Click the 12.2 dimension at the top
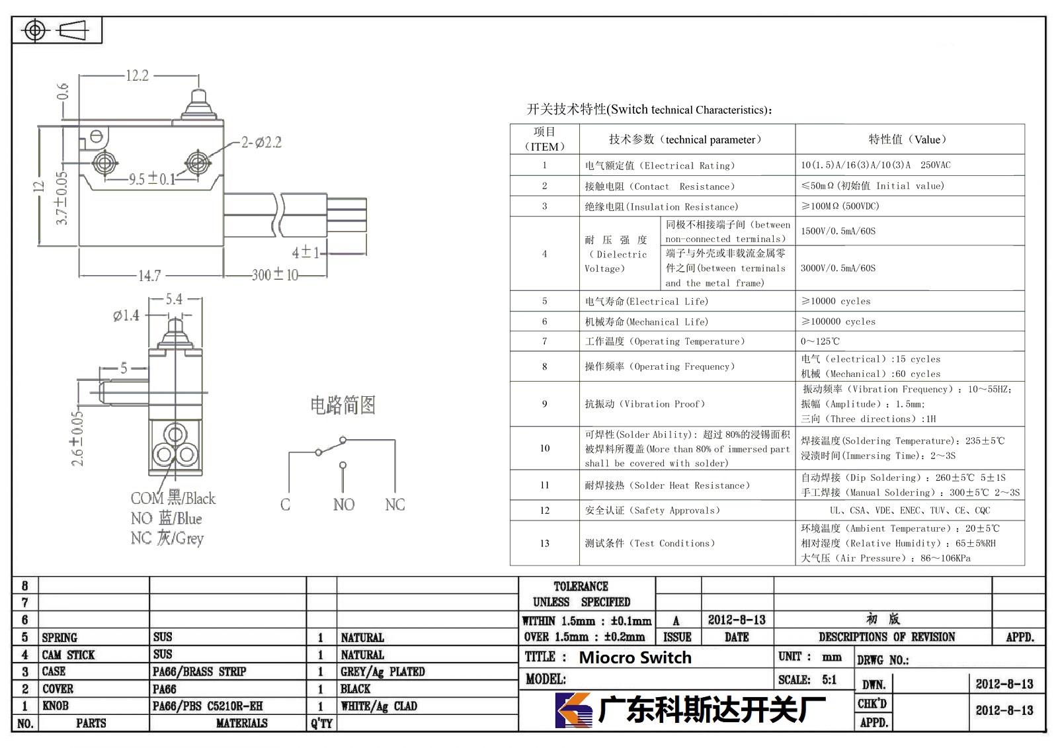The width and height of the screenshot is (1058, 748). (137, 75)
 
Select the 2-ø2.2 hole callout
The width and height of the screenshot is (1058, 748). (261, 142)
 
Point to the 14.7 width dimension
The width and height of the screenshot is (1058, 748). (149, 276)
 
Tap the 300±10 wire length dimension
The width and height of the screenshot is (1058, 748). (275, 274)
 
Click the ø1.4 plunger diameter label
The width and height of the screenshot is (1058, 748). (126, 315)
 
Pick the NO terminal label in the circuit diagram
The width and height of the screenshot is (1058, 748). (343, 505)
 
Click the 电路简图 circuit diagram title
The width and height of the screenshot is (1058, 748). (343, 405)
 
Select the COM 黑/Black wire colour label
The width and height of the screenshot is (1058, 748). (173, 498)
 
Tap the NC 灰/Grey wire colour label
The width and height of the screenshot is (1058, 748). (167, 538)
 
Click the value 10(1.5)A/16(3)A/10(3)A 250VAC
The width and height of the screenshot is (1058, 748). (875, 165)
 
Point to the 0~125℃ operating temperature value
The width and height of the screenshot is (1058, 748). (820, 341)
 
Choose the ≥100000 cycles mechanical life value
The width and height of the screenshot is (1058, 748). (838, 321)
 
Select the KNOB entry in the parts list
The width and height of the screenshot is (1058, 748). (56, 706)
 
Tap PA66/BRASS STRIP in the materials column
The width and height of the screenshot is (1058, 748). (199, 671)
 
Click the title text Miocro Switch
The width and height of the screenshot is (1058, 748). (635, 657)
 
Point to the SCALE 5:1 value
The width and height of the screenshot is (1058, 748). (829, 680)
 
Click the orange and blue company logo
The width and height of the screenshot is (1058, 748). (573, 710)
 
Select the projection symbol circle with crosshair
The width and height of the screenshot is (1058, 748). (35, 30)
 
